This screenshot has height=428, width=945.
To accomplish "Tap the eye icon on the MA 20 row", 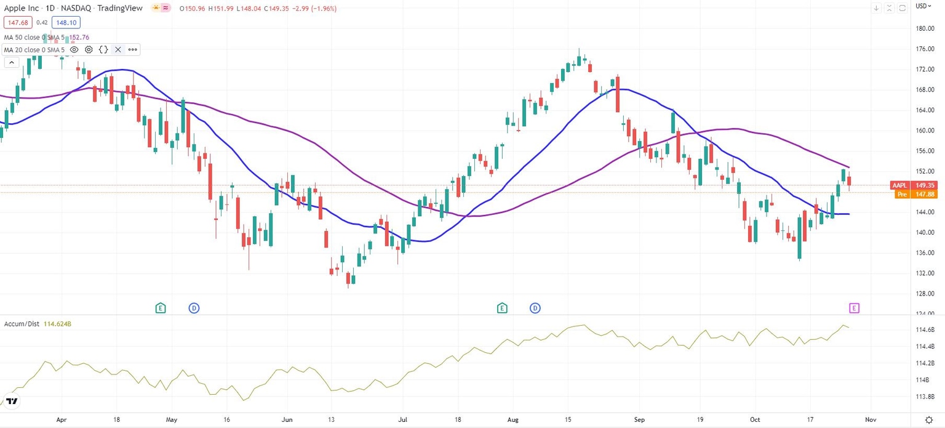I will (74, 49).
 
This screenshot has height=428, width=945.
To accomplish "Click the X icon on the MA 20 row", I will (118, 49).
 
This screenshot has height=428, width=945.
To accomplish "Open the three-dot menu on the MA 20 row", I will (132, 49).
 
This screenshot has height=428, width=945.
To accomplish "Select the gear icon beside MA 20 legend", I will (89, 49).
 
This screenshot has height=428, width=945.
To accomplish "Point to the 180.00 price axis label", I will (926, 28).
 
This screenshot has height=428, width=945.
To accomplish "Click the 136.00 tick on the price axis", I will (926, 253).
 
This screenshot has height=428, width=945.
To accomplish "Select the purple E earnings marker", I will (854, 307).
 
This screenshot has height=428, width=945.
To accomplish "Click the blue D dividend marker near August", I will (535, 307).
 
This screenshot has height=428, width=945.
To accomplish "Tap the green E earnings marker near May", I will (161, 307).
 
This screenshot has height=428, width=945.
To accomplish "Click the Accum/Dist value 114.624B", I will (58, 324).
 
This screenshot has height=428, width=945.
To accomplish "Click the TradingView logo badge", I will (12, 402).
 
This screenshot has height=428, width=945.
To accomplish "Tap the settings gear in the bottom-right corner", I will (929, 419).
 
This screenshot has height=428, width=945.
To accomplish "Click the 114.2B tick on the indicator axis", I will (926, 363).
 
